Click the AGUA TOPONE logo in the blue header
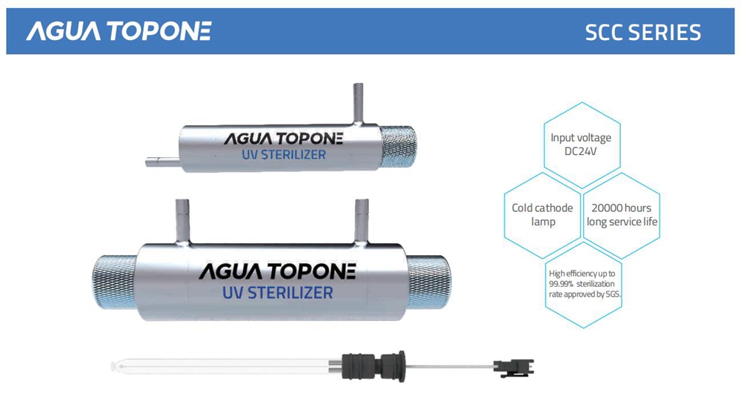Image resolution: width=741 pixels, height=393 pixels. click(x=119, y=31)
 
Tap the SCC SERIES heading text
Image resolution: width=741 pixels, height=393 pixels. click(x=642, y=32)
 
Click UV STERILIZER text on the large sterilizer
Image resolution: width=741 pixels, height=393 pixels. click(x=278, y=292)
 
